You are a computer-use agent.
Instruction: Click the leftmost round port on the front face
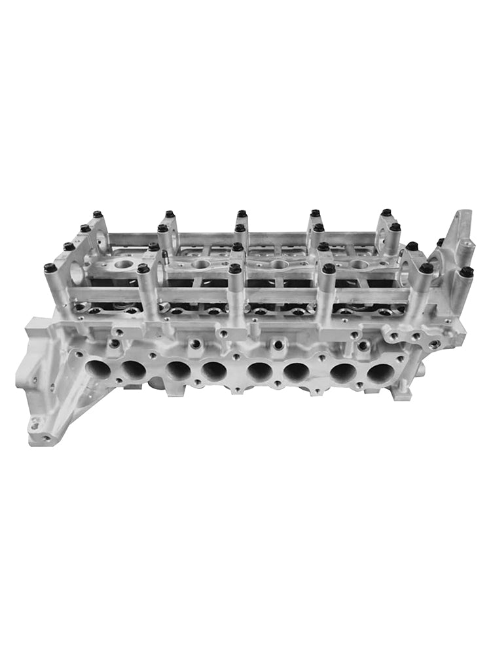click(x=98, y=368)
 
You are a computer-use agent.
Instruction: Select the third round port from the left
click(x=177, y=370)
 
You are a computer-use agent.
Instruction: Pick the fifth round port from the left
click(x=260, y=371)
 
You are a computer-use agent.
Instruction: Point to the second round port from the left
click(x=134, y=369)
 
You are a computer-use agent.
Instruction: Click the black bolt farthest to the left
click(x=49, y=268)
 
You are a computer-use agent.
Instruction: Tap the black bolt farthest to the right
click(x=466, y=271)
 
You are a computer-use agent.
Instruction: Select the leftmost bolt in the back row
click(x=98, y=214)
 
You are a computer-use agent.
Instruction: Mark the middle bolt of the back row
click(x=242, y=214)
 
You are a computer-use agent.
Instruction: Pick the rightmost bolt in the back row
click(x=386, y=212)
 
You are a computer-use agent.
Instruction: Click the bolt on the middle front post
click(x=235, y=269)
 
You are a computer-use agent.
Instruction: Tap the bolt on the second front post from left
click(x=143, y=269)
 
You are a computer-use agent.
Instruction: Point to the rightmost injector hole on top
click(x=359, y=265)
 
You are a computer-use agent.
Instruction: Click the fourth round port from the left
click(x=214, y=371)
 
